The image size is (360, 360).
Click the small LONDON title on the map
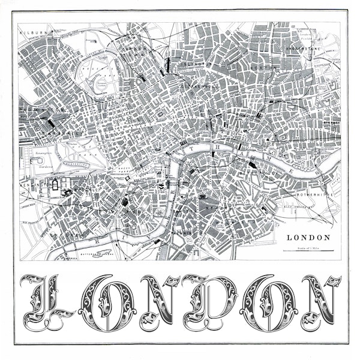308,237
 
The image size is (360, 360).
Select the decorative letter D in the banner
208,303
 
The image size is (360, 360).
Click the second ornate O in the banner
264,303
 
